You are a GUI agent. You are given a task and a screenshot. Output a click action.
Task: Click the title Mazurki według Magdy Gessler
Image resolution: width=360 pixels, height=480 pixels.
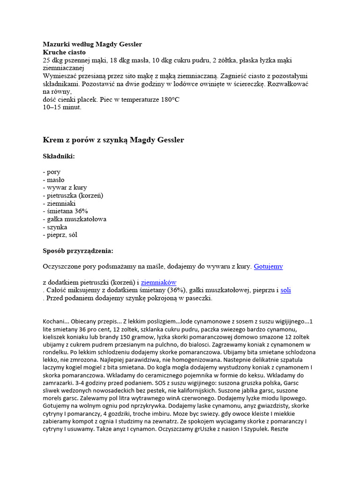pos(92,45)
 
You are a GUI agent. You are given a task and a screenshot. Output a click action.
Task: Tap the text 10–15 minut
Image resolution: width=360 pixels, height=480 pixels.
pos(62,107)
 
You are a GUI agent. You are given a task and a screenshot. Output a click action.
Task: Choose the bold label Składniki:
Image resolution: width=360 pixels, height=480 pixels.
pos(59,156)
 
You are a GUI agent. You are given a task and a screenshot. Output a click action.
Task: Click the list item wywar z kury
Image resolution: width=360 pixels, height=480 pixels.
pos(62,187)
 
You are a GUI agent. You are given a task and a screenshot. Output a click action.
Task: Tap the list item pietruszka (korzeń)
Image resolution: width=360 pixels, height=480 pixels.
pos(73,195)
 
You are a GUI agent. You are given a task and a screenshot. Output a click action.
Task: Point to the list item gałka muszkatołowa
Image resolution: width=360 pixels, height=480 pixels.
pos(75,219)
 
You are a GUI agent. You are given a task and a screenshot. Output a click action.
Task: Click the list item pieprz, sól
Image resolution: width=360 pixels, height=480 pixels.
pos(60,234)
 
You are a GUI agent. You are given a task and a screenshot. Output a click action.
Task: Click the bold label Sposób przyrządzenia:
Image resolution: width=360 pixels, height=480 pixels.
pos(78,250)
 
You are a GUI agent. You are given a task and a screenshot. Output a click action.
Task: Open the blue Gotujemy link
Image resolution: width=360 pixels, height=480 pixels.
pos(268,266)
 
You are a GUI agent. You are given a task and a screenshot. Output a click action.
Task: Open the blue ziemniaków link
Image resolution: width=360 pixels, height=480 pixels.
pos(159,282)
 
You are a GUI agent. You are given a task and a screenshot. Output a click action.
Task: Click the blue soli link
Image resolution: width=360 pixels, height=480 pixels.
pos(285,290)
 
